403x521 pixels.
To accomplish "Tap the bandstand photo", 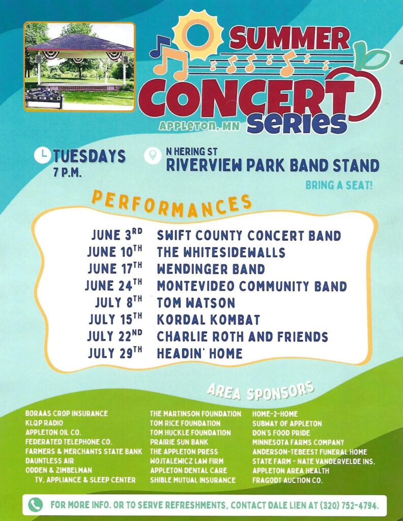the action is click(79, 67).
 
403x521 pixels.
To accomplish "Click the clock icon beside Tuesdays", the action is click(42, 156).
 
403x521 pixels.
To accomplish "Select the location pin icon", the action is click(153, 156).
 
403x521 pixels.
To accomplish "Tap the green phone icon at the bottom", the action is click(35, 505).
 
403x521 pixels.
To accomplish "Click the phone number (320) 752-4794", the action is click(349, 505).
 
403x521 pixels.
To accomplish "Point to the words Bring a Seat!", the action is click(339, 185).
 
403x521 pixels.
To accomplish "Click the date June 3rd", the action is click(117, 235).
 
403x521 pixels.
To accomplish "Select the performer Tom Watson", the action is click(196, 302).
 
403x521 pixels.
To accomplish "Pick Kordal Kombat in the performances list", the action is click(208, 320).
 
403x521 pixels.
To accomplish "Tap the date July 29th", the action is click(115, 353).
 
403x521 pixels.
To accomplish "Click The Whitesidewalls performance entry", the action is click(221, 252).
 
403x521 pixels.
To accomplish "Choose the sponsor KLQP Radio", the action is click(44, 423).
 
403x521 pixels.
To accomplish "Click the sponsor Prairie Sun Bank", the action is click(179, 442).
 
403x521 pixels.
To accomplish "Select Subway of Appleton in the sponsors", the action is click(287, 423).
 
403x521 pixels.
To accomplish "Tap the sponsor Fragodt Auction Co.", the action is click(287, 480).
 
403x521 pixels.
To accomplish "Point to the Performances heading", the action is click(171, 204).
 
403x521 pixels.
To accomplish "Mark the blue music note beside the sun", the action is click(160, 46).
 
